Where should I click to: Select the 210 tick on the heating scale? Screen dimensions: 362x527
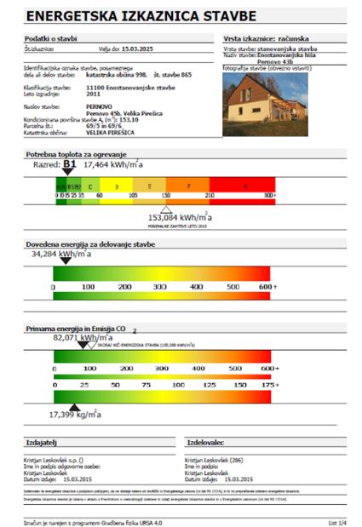point(210,195)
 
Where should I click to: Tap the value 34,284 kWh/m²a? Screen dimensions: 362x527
point(60,254)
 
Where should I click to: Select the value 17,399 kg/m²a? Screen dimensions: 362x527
point(75,415)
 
